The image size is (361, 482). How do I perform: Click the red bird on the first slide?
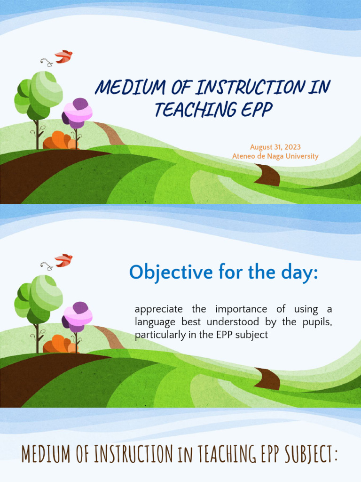pos(63,56)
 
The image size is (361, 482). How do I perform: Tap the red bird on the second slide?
pos(63,260)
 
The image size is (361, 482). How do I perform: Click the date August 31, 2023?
pos(275,147)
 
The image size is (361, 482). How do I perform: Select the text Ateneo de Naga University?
pos(275,156)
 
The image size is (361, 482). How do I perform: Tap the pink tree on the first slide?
pos(78,113)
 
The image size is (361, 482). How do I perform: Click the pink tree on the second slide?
pos(78,316)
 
